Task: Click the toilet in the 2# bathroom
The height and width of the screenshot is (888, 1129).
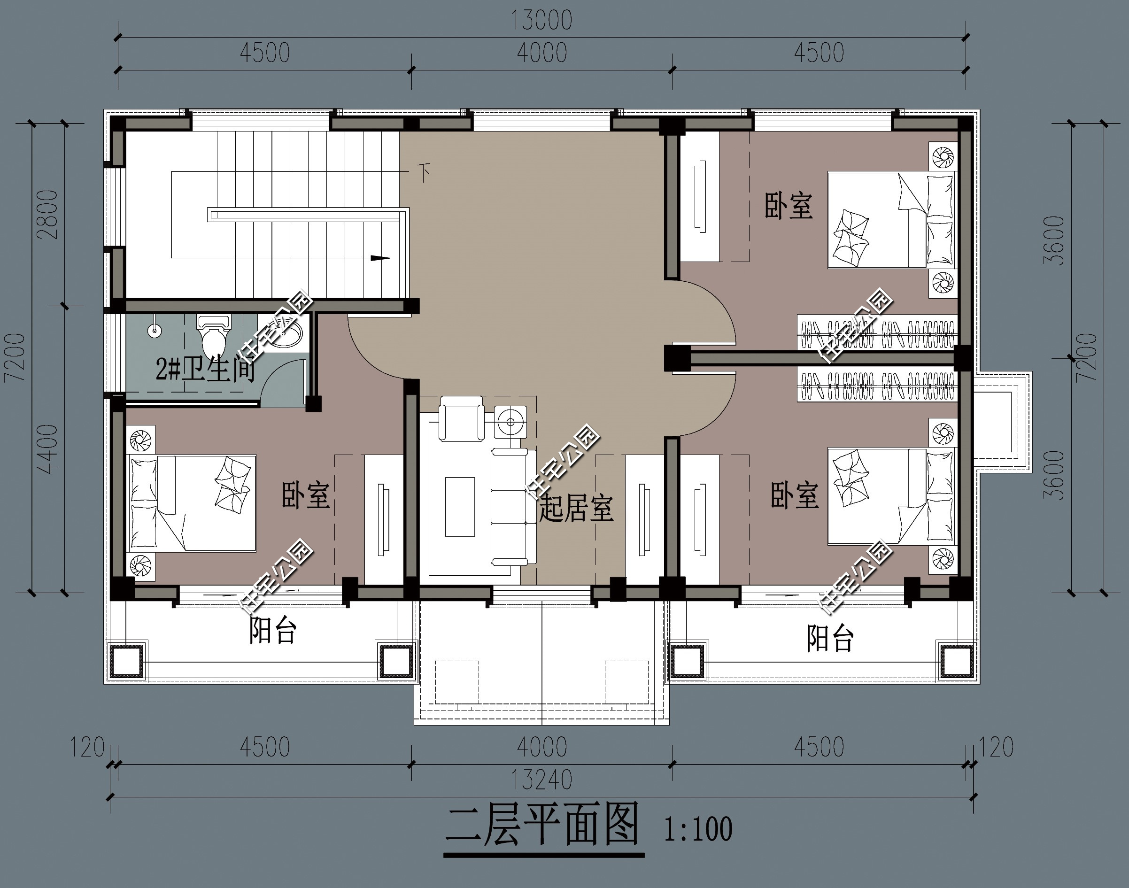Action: pyautogui.click(x=213, y=335)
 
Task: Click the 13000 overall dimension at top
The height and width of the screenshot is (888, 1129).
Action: pyautogui.click(x=541, y=20)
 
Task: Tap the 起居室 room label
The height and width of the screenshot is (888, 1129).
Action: pyautogui.click(x=576, y=508)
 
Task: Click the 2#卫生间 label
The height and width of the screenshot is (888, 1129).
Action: pyautogui.click(x=205, y=370)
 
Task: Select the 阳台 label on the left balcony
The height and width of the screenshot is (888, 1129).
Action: pyautogui.click(x=272, y=630)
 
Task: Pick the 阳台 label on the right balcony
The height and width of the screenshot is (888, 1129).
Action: pyautogui.click(x=830, y=639)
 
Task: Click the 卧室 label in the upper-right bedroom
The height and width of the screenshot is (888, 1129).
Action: pyautogui.click(x=789, y=205)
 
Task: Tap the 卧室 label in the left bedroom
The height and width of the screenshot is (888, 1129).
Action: pyautogui.click(x=306, y=495)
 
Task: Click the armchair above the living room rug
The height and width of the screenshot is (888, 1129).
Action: pyautogui.click(x=461, y=418)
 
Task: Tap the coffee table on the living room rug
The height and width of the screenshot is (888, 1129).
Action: pyautogui.click(x=460, y=507)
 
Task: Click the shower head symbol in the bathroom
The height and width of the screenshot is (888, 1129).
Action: pyautogui.click(x=154, y=329)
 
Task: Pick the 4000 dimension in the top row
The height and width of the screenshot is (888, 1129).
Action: pyautogui.click(x=541, y=53)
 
